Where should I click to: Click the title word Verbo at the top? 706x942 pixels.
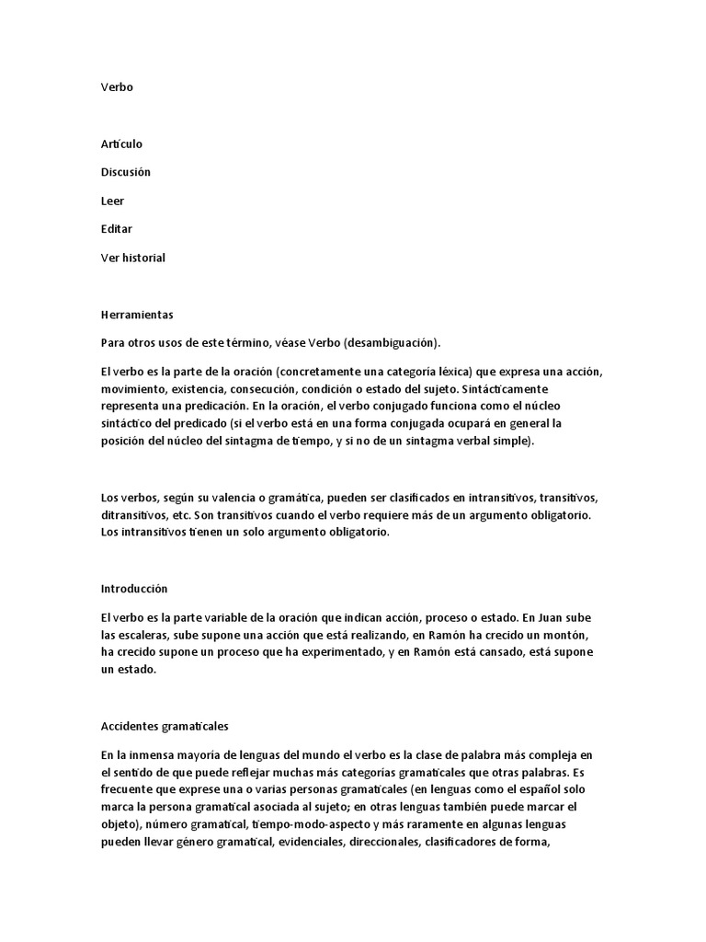pos(117,87)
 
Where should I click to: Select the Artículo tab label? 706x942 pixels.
pos(121,144)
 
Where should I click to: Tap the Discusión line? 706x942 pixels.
pos(126,173)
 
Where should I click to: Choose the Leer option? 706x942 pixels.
pos(112,201)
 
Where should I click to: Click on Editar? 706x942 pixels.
pos(117,229)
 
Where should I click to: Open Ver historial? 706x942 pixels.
pos(133,258)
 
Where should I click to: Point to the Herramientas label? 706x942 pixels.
pos(137,315)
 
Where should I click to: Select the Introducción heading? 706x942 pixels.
pos(134,588)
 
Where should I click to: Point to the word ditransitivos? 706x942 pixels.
pos(134,515)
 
